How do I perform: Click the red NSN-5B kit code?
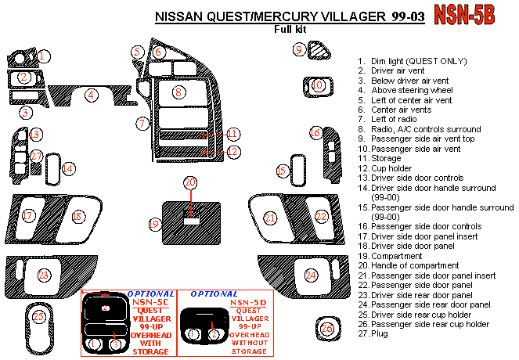point(464,15)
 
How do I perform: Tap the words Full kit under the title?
point(290,30)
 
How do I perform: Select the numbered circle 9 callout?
point(299,49)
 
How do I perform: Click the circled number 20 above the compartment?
point(190,182)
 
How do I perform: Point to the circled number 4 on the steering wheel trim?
point(91,95)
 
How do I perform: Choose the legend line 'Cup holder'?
point(391,168)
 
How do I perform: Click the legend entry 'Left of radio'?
point(394,119)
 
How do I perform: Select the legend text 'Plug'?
point(380,333)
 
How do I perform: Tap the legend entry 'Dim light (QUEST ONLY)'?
point(419,61)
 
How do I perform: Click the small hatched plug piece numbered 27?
point(36,169)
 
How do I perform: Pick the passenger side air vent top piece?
point(319,51)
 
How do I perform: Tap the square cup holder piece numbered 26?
point(328,329)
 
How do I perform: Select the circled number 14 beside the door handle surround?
point(68,169)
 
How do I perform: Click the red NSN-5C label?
point(150,302)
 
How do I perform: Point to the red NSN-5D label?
point(248,302)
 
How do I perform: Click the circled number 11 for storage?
point(233,134)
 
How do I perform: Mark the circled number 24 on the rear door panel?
point(311,275)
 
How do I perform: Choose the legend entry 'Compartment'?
point(397,256)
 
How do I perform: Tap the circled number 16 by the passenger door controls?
point(315,133)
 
